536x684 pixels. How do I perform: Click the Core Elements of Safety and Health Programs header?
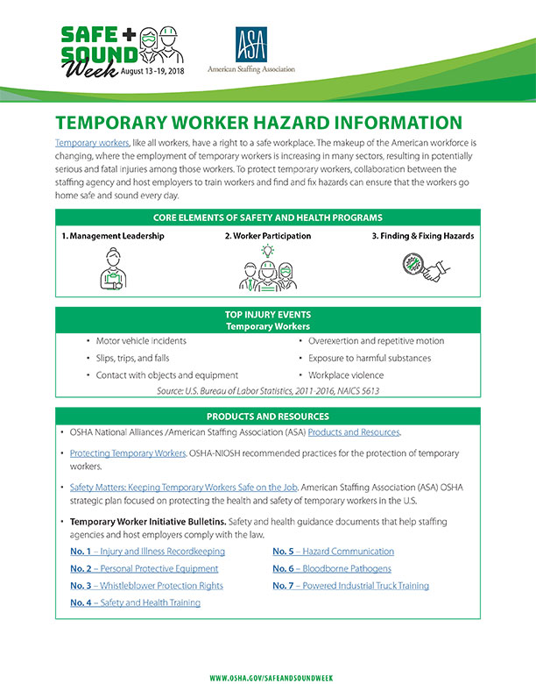pos(268,217)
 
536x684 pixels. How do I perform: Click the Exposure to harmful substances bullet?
pos(369,358)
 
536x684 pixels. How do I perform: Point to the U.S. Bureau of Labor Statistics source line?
pos(268,391)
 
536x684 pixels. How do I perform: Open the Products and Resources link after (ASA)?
pos(353,432)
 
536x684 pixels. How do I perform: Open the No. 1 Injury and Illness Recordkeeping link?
pos(147,552)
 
